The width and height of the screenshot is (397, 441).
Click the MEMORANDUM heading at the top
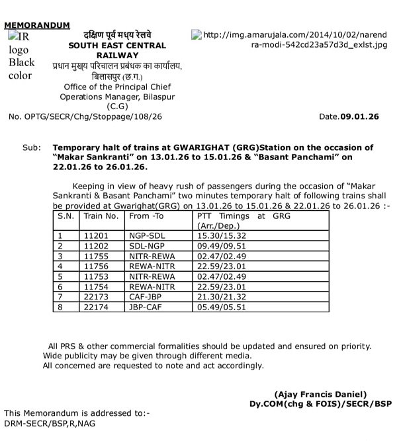tap(37, 25)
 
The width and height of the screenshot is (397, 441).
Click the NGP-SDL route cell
tap(146, 235)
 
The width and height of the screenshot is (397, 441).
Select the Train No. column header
tap(98, 216)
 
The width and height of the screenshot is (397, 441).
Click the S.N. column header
tap(66, 216)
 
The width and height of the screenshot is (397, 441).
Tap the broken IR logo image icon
tap(14, 34)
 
